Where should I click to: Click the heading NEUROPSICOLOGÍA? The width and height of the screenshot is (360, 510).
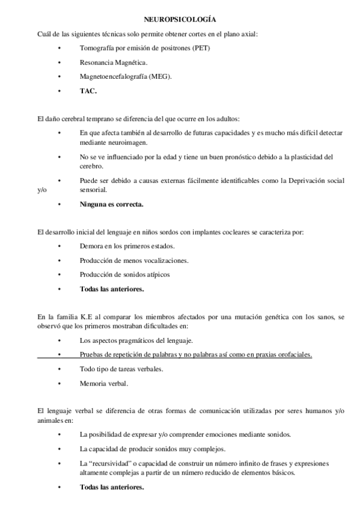point(180,20)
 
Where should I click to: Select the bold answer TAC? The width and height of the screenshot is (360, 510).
point(88,91)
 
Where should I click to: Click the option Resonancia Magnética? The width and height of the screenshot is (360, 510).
point(113,62)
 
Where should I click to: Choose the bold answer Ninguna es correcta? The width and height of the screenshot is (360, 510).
point(111,204)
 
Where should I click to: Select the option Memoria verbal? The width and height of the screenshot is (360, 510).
point(103,382)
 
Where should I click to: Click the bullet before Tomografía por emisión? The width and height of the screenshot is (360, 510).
point(59,48)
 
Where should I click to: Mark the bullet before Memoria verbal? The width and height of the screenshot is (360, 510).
point(59,383)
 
